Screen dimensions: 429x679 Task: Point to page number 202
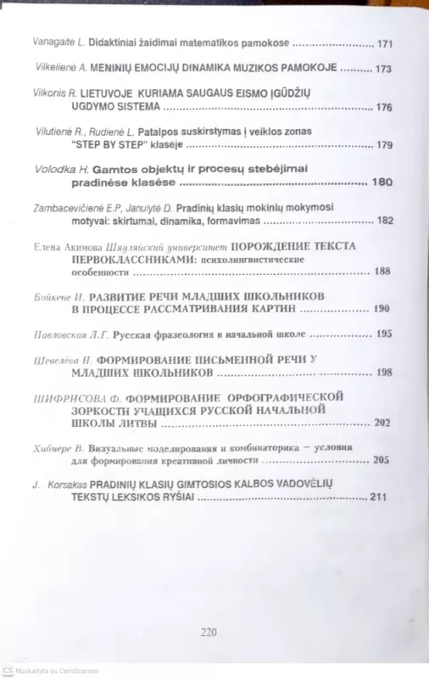coord(382,422)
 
